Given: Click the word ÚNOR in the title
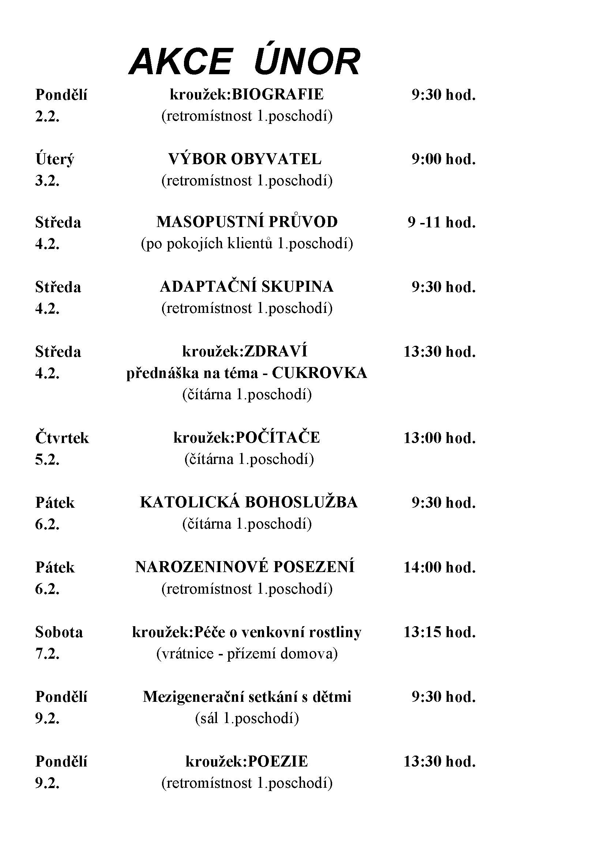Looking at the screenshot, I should (x=307, y=62).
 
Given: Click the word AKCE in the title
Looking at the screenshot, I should (x=180, y=62).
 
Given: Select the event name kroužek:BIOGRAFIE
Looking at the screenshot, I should (x=247, y=95).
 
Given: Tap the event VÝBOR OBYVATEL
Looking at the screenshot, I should (x=245, y=159).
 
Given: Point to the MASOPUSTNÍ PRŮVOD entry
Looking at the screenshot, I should (x=247, y=222).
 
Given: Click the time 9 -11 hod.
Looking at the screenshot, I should (x=441, y=223).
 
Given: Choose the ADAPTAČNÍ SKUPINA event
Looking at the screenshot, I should (x=247, y=287).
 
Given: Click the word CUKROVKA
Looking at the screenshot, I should (x=319, y=373).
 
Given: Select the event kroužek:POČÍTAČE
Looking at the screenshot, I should (x=247, y=438).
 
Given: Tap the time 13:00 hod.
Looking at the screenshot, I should (x=440, y=438).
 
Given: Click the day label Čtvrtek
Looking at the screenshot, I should (x=62, y=438).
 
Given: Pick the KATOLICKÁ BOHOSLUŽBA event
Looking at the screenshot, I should (x=248, y=502).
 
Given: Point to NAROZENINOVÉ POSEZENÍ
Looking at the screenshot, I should (x=245, y=567).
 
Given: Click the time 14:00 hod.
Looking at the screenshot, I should (x=440, y=568).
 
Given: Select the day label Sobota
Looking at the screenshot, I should (x=59, y=632).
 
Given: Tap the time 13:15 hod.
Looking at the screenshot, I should (x=440, y=632).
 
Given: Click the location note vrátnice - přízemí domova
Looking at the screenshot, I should (x=247, y=654).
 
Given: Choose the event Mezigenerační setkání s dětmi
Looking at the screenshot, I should (x=247, y=697).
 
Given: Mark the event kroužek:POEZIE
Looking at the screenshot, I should (x=247, y=761).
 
